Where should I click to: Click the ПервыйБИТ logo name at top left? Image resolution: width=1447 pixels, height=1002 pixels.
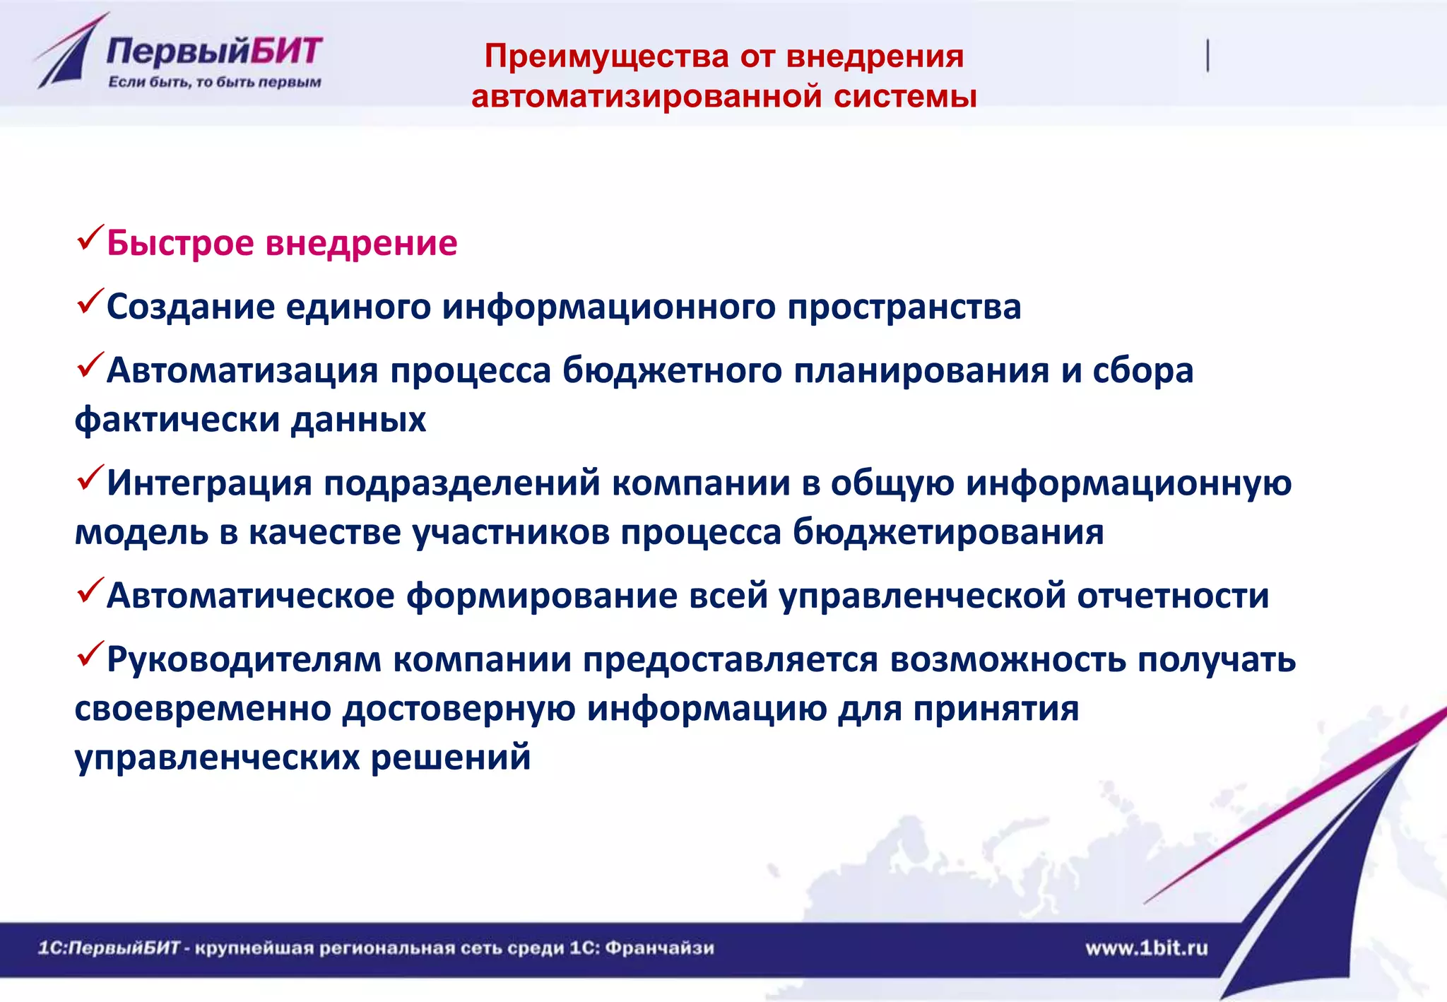(214, 51)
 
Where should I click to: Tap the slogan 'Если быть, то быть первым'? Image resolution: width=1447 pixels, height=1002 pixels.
(214, 82)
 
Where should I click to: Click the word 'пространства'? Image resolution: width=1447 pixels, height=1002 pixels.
(904, 307)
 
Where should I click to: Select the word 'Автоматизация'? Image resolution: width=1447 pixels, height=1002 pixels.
(242, 371)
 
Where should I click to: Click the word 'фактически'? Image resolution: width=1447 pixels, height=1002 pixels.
(177, 420)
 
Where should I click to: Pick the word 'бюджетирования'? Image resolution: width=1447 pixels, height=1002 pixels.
(947, 532)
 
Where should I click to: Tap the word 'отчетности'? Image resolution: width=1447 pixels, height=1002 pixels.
(1173, 596)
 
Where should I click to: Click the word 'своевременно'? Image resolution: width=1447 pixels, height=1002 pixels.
(203, 709)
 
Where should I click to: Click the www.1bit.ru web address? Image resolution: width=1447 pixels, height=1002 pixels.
(1146, 948)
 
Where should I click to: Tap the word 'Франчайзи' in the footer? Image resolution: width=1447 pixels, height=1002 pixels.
(660, 948)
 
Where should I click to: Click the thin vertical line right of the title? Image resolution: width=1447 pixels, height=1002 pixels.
(1207, 56)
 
